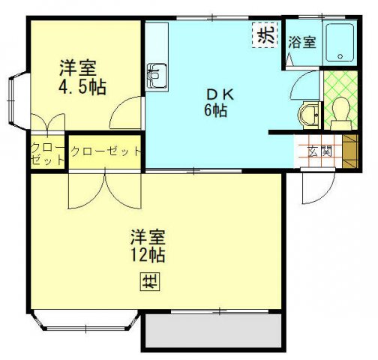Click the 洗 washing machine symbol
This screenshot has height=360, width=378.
point(263,35)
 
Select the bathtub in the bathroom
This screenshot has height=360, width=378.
point(344,44)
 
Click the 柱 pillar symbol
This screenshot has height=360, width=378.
point(147,283)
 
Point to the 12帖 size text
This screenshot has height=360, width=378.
point(147,255)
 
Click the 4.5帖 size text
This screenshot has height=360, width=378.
point(82,87)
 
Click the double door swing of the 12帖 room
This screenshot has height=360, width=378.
point(104,190)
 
